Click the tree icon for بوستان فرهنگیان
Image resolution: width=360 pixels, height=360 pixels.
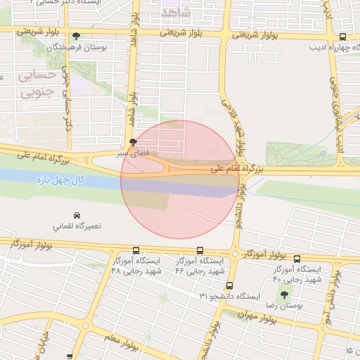76,37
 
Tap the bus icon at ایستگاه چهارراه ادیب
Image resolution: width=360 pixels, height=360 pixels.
342,37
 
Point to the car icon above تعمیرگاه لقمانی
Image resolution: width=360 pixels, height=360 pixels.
77,214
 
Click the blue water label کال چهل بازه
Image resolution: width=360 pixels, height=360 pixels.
61,181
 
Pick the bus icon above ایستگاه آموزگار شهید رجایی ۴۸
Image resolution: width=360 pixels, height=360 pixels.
136,250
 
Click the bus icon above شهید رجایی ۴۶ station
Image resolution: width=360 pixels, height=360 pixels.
200,250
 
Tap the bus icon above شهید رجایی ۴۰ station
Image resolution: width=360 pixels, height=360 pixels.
297,258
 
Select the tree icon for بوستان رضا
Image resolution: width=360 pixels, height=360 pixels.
284,295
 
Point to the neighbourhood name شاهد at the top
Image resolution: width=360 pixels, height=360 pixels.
176,13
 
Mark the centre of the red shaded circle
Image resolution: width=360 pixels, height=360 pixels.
180,180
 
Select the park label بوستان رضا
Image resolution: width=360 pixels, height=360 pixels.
285,307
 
